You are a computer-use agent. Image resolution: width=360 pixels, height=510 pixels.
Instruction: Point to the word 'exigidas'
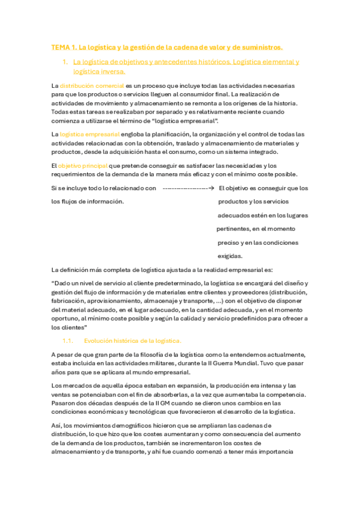230,256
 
